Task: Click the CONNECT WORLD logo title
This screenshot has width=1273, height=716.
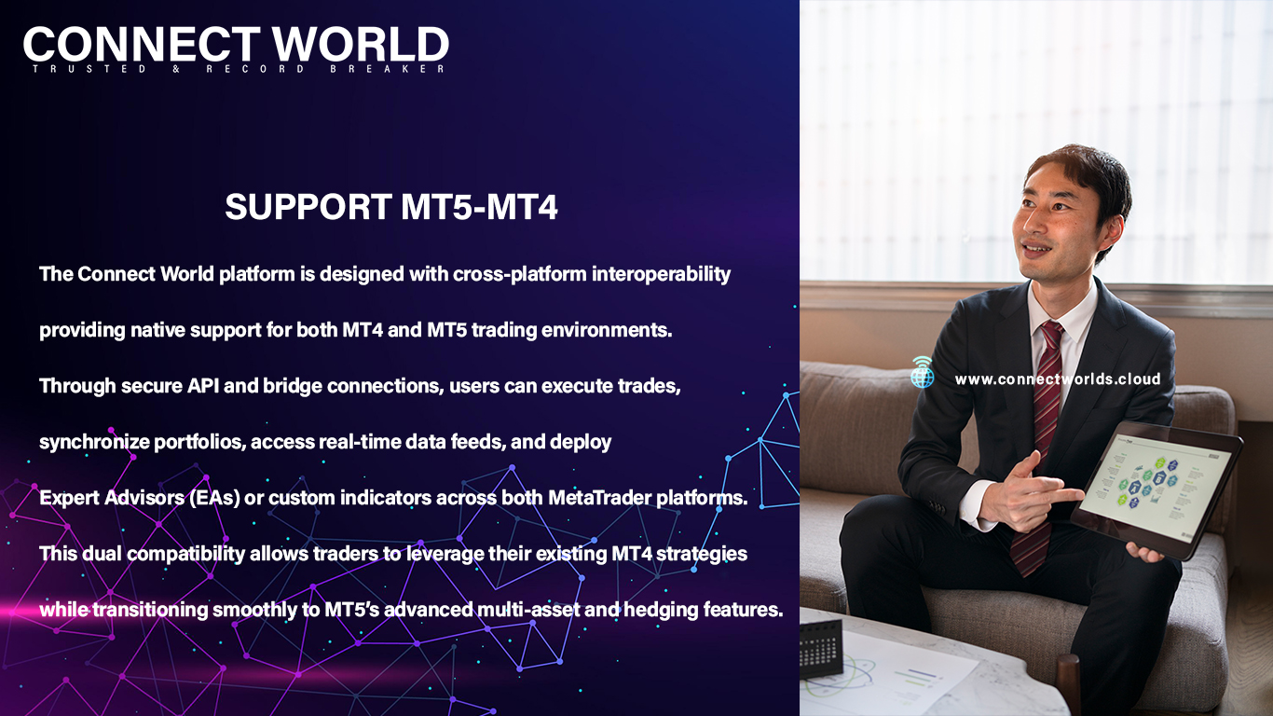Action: [236, 44]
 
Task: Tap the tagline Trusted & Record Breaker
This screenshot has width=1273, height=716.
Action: [239, 69]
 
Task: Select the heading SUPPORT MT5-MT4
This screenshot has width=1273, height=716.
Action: [391, 206]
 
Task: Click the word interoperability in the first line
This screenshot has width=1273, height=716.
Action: [661, 274]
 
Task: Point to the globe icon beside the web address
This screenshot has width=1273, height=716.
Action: [922, 373]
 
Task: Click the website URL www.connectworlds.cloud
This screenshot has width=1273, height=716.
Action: [1058, 379]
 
